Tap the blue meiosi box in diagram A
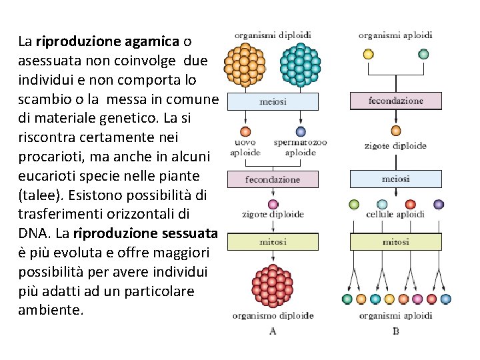(x=273, y=101)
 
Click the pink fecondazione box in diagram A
(x=273, y=179)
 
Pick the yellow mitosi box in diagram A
(x=273, y=241)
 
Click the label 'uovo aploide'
(x=245, y=147)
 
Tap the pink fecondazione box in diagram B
(x=396, y=101)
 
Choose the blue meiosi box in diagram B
(x=396, y=179)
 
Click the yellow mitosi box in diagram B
(x=396, y=241)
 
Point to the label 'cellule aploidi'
(x=396, y=215)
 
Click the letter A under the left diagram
(x=273, y=330)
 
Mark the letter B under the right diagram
(x=396, y=330)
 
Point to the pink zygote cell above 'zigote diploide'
(x=273, y=204)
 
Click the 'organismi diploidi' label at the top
(x=273, y=35)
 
